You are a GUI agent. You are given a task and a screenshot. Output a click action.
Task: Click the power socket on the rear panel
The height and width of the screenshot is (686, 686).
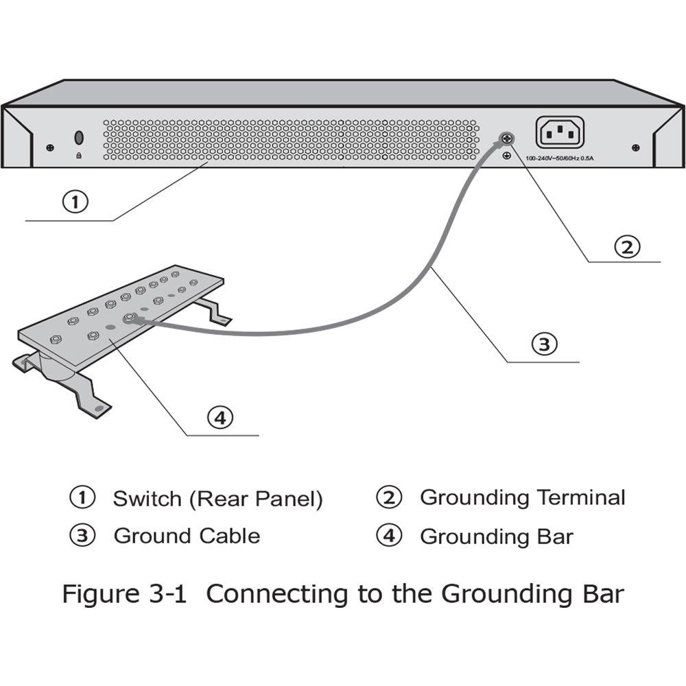click(x=560, y=132)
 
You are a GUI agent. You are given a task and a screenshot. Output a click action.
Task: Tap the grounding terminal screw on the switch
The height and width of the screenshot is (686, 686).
click(x=506, y=139)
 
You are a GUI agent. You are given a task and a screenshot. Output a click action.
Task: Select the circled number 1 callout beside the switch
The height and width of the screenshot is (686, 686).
click(x=75, y=202)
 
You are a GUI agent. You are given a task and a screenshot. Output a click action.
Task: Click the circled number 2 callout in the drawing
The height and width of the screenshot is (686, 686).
click(x=626, y=247)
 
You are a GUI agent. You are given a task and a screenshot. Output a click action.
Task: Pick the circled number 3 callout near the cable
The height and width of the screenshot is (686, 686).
click(x=544, y=344)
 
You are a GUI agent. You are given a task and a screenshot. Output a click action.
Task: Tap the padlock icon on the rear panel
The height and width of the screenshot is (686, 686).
click(x=79, y=156)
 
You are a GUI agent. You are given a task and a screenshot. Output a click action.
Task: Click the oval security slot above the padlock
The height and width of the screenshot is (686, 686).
click(x=79, y=138)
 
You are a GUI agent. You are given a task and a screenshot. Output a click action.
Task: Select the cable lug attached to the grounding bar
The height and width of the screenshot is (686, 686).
click(x=128, y=318)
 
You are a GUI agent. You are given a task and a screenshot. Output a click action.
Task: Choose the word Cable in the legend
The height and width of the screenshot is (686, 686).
click(x=230, y=535)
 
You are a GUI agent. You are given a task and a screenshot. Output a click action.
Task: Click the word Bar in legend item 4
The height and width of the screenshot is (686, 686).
click(x=557, y=536)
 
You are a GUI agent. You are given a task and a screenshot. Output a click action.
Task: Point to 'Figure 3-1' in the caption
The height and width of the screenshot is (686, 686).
click(x=124, y=593)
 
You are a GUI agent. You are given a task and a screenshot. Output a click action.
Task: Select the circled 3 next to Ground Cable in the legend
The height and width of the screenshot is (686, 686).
click(x=82, y=535)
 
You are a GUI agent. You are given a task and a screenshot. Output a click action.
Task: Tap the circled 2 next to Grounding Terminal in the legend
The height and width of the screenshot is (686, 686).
click(x=389, y=497)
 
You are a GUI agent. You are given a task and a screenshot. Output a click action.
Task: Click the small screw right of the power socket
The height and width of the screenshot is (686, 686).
click(x=636, y=147)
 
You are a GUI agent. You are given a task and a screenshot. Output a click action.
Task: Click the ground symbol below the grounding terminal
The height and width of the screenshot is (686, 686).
click(x=506, y=156)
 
